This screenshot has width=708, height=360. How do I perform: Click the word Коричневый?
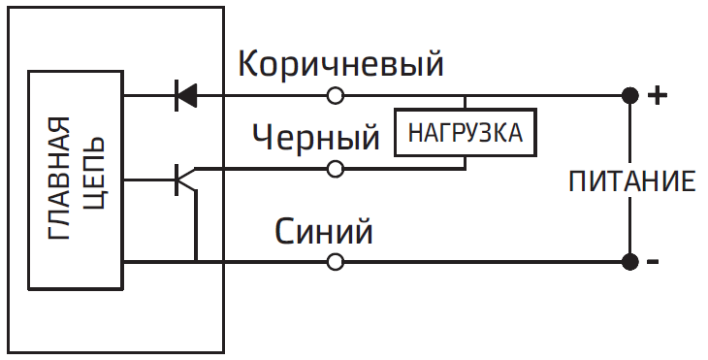(340, 65)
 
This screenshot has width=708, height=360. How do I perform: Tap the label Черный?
(315, 137)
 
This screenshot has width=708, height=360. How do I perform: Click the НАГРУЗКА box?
(465, 133)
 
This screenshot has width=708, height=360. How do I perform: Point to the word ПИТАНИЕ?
(631, 180)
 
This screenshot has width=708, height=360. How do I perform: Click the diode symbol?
(184, 95)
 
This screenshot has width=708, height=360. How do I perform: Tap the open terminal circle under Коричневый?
(336, 95)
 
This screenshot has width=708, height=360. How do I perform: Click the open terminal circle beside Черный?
(336, 169)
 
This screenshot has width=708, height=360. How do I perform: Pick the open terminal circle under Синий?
(336, 261)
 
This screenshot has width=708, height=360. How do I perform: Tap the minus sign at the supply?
(654, 262)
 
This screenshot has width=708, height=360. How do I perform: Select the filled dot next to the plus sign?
(629, 95)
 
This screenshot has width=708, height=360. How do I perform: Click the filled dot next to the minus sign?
(629, 261)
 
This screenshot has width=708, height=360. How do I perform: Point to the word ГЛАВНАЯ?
(59, 180)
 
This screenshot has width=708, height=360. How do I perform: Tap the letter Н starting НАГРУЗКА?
(414, 133)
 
